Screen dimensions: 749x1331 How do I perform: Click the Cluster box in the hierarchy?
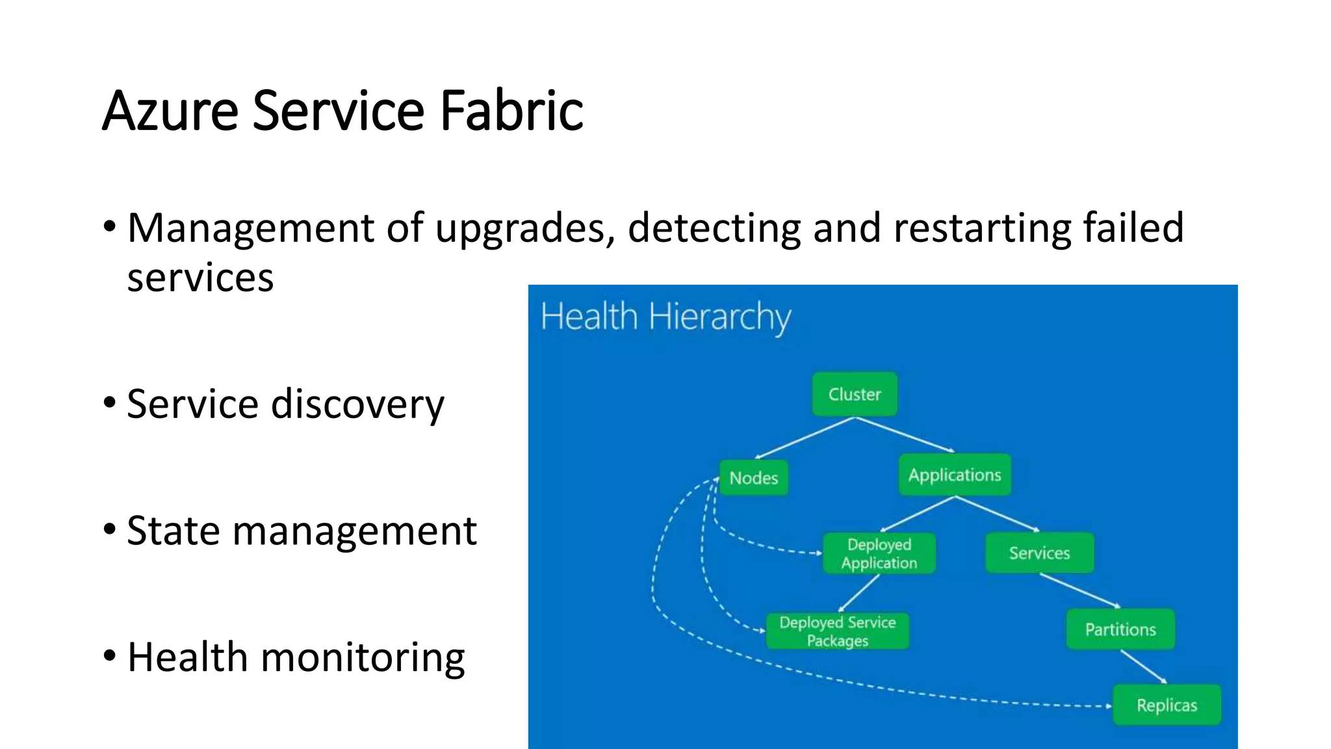coord(854,395)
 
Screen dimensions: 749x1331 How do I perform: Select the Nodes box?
coord(753,478)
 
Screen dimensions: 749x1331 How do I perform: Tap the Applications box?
coord(954,475)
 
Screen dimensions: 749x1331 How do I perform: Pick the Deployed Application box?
coord(879,553)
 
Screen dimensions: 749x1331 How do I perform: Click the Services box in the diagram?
coord(1039,553)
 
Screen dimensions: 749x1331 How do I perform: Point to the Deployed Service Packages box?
coord(837,631)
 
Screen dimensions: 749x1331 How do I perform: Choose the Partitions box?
coord(1120,629)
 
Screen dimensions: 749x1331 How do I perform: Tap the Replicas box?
coord(1167,705)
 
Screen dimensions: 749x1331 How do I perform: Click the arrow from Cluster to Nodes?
coord(805,438)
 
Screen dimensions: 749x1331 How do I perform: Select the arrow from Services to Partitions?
coord(1079,590)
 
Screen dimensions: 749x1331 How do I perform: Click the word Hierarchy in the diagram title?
coord(719,318)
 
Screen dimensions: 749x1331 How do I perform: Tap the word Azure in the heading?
coord(170,111)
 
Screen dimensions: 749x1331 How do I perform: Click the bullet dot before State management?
coord(109,529)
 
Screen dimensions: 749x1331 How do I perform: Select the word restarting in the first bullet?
coord(981,229)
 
